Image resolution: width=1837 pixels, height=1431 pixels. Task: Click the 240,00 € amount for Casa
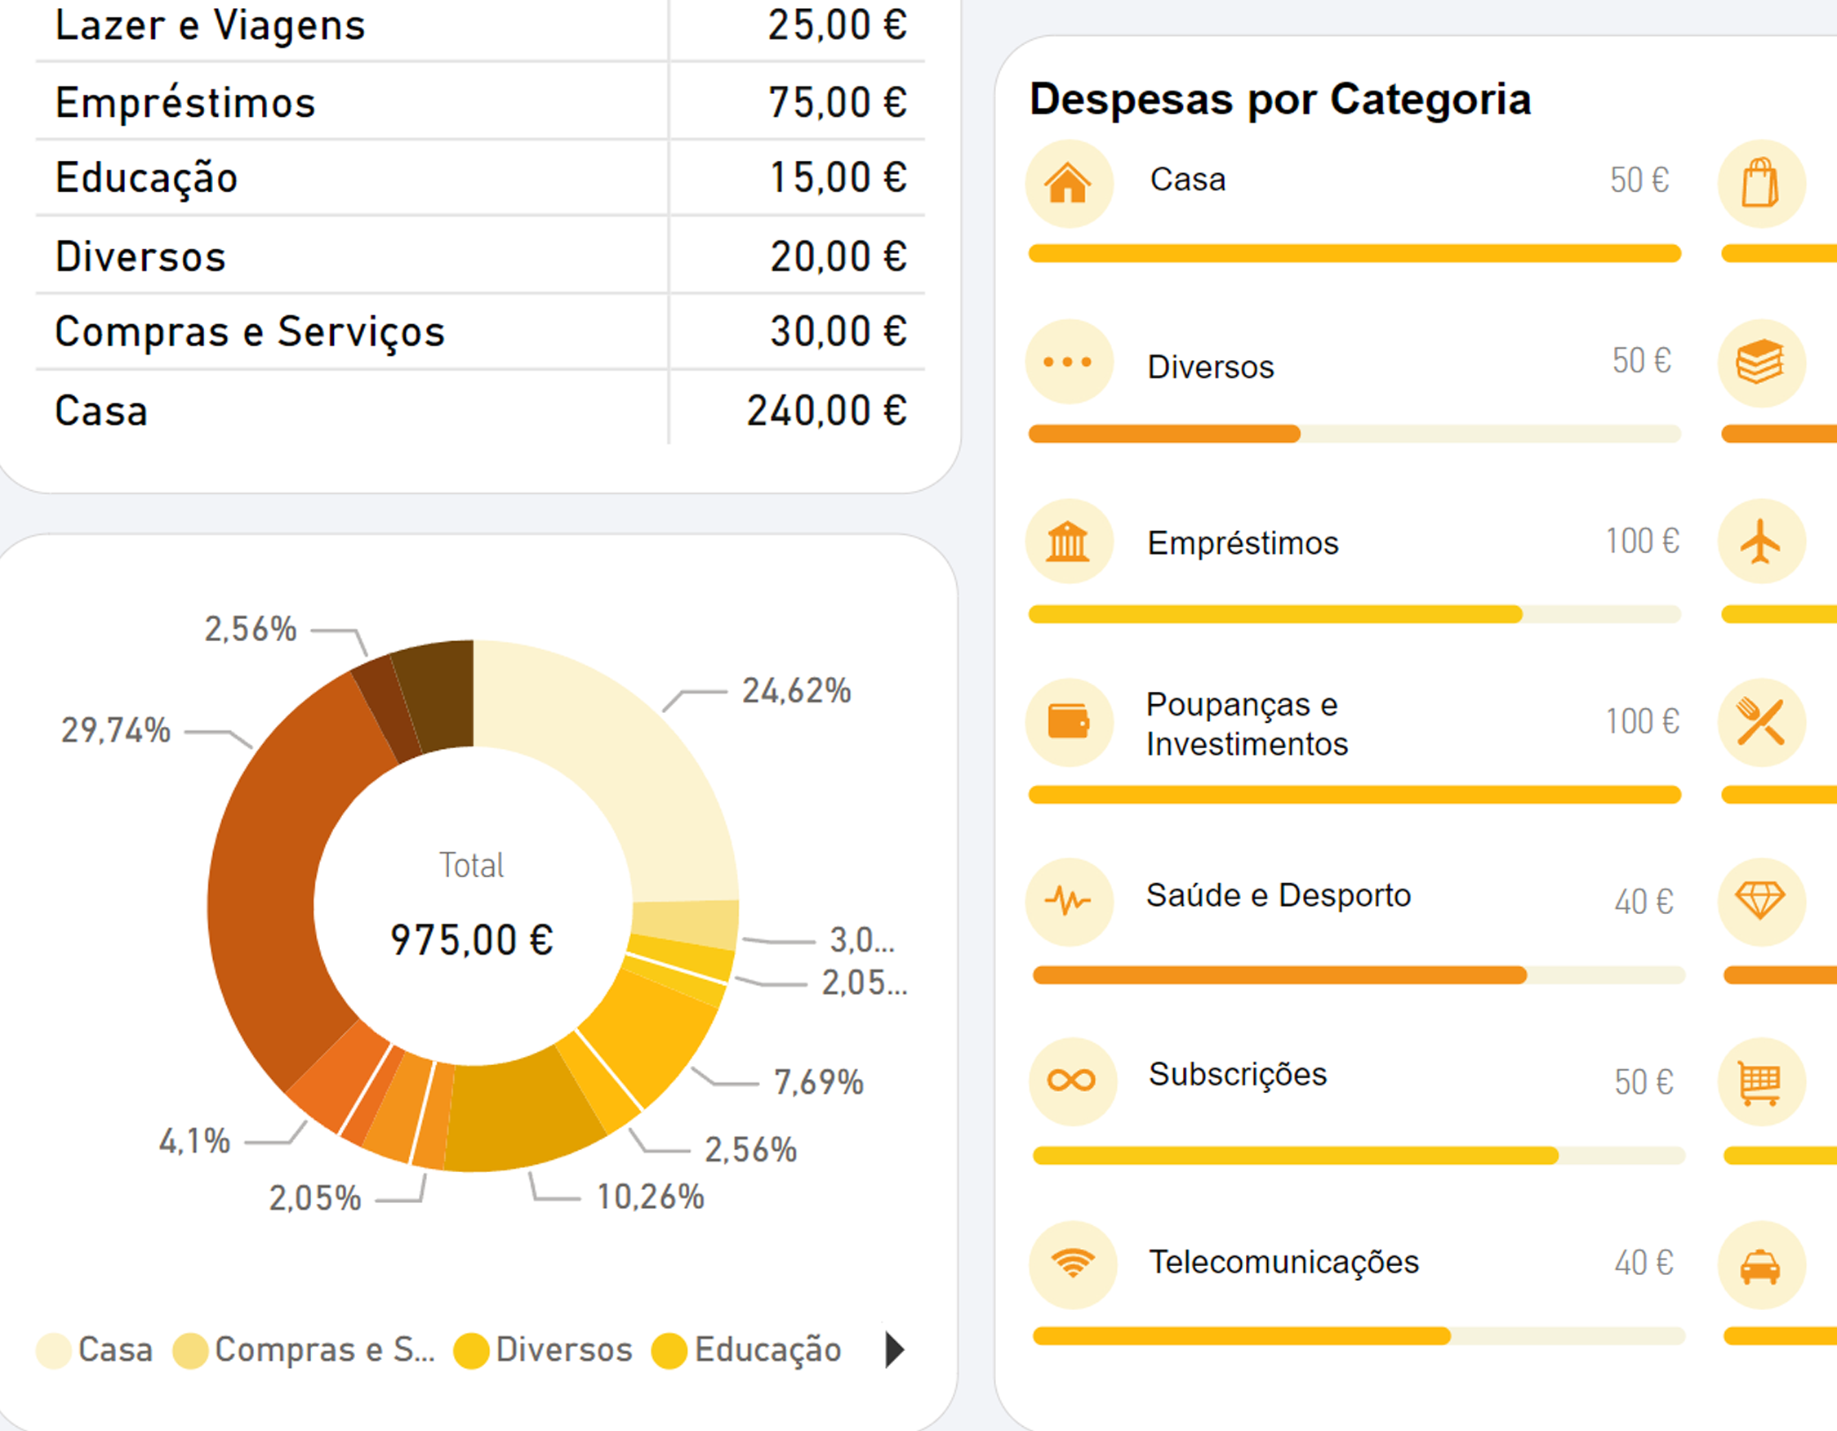point(826,412)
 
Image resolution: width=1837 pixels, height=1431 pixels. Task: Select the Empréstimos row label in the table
point(185,103)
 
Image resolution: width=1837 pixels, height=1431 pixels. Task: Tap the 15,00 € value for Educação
point(838,177)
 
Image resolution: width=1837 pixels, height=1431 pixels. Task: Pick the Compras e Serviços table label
point(249,332)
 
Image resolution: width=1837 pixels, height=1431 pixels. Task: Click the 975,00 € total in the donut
point(471,939)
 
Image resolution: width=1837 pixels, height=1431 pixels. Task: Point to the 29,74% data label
point(116,730)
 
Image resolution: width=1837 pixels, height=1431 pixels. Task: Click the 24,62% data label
point(796,691)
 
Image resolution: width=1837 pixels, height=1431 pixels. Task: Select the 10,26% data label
point(650,1197)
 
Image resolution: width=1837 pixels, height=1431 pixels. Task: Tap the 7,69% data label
point(818,1082)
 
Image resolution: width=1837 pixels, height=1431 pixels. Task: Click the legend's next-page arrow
point(895,1349)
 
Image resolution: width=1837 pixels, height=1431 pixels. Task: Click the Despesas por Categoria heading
point(1279,100)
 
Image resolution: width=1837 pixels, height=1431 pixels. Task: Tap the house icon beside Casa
point(1068,184)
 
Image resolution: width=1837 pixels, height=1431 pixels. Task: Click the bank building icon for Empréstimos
point(1068,542)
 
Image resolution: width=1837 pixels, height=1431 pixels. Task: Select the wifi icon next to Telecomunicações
point(1073,1263)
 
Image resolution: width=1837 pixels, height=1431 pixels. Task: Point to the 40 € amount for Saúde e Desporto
point(1644,902)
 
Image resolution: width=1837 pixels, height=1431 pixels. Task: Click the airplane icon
point(1760,542)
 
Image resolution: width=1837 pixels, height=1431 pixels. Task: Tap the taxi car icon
point(1760,1266)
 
